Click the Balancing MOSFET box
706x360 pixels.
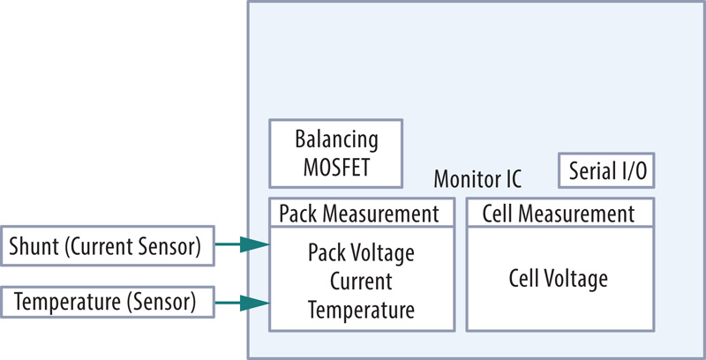[x=335, y=154]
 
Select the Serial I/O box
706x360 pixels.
[x=608, y=170]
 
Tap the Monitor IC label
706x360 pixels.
[x=477, y=179]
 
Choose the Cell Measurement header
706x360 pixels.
[x=558, y=213]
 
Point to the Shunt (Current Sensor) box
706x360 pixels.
[x=109, y=247]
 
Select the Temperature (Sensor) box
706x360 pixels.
[x=109, y=303]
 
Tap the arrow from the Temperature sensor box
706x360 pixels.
[x=242, y=303]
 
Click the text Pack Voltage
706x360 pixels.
[x=361, y=254]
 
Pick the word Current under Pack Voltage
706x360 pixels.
[x=360, y=281]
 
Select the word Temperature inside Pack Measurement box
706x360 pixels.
[x=360, y=310]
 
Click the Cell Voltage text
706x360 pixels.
[x=559, y=280]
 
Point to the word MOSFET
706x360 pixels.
[x=335, y=166]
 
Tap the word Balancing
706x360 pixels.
[x=336, y=140]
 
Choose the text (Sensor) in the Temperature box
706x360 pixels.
[x=161, y=303]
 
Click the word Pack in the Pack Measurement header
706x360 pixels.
[x=297, y=213]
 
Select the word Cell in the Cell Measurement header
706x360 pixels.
[x=494, y=213]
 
